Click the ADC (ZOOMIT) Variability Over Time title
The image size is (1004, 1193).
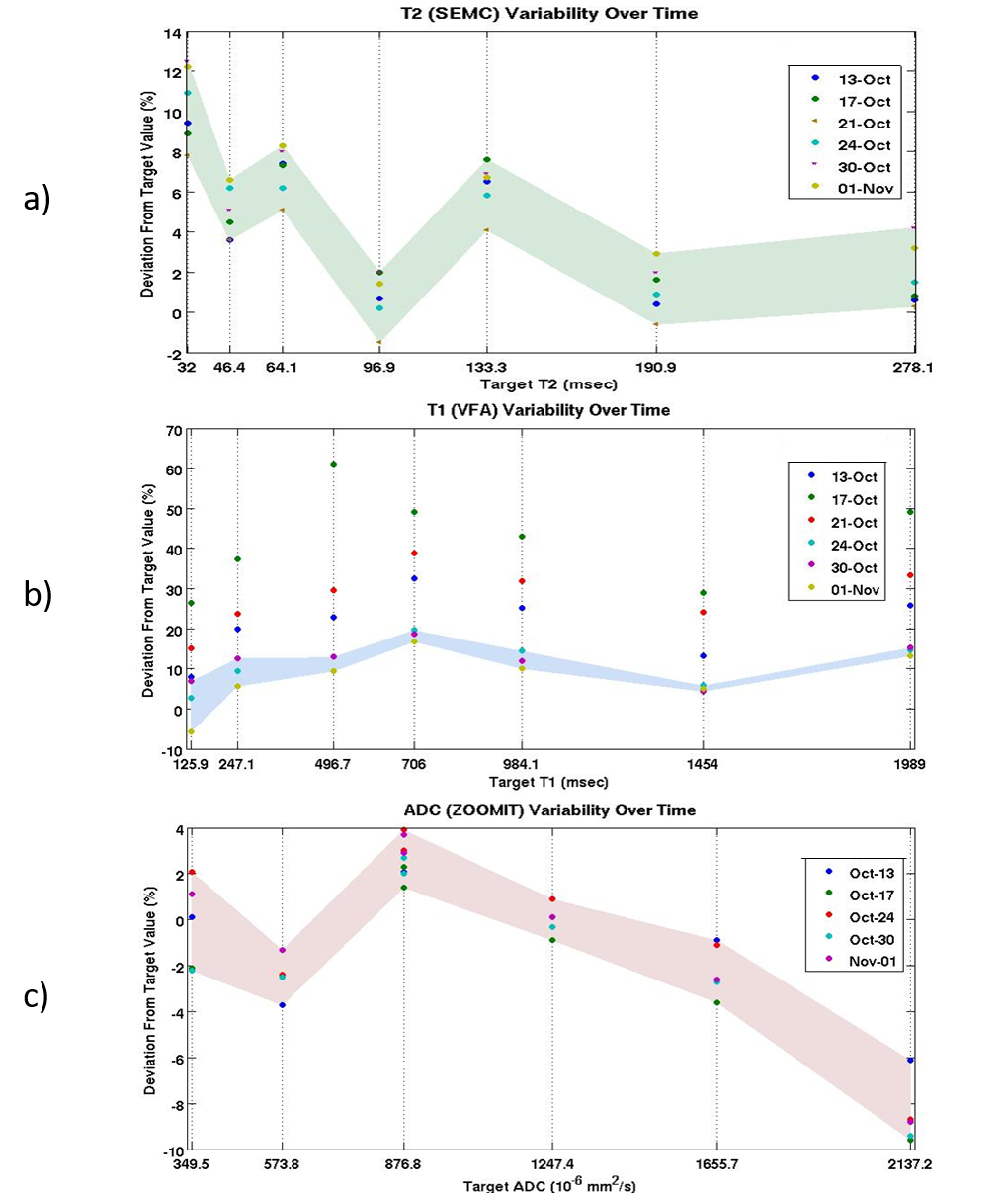pos(544,810)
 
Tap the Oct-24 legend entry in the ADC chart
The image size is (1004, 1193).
pos(869,917)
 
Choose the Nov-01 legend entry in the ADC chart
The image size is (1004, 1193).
pos(869,963)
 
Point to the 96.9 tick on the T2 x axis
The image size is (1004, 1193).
pos(379,367)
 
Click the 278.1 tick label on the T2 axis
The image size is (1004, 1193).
pos(914,367)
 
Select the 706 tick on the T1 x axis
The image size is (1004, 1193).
pos(414,764)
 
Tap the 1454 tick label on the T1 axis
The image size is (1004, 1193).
pos(703,764)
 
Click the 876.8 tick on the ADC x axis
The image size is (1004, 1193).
pos(404,1164)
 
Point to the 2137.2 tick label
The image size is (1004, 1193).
pos(909,1164)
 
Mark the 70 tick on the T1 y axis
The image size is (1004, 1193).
pos(174,431)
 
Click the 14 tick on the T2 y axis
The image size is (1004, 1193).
pos(173,34)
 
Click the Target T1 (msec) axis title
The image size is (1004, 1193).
pos(543,781)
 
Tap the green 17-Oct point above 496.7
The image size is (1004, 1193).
pos(334,464)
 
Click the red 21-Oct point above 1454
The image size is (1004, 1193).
pos(704,612)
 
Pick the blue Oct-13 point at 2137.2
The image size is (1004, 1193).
pos(910,1060)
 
